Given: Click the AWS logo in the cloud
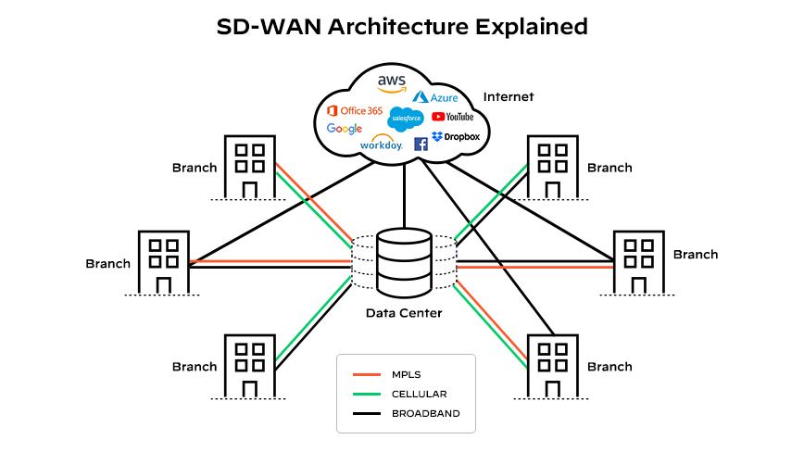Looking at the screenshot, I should (391, 83).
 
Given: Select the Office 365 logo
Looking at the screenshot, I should (354, 110).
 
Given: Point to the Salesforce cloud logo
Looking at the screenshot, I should (406, 119).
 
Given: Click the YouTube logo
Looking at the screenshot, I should (453, 117).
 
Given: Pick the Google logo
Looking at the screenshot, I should (344, 129).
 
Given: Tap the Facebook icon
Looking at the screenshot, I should (421, 144).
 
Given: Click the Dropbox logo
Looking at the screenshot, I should (456, 136).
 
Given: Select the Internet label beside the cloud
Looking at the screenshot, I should (509, 97).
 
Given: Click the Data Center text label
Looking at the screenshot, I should (404, 313).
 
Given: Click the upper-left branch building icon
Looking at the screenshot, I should (249, 167).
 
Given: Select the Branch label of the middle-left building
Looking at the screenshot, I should (108, 263).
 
